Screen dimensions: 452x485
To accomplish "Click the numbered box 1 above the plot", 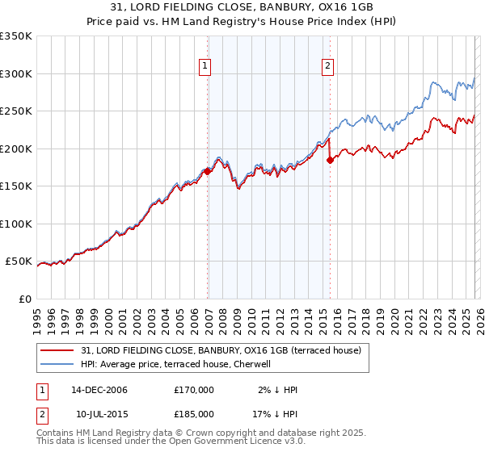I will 205,67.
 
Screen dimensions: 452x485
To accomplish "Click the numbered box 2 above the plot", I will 327,67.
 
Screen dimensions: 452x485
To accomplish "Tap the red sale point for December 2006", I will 208,171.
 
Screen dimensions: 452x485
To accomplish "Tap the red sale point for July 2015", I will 330,160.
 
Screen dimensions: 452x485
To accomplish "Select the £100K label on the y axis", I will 16,224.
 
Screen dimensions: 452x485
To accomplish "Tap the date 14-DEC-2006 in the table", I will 99,390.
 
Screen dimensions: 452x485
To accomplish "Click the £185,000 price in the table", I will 194,413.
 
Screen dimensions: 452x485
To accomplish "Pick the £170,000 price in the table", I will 194,390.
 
